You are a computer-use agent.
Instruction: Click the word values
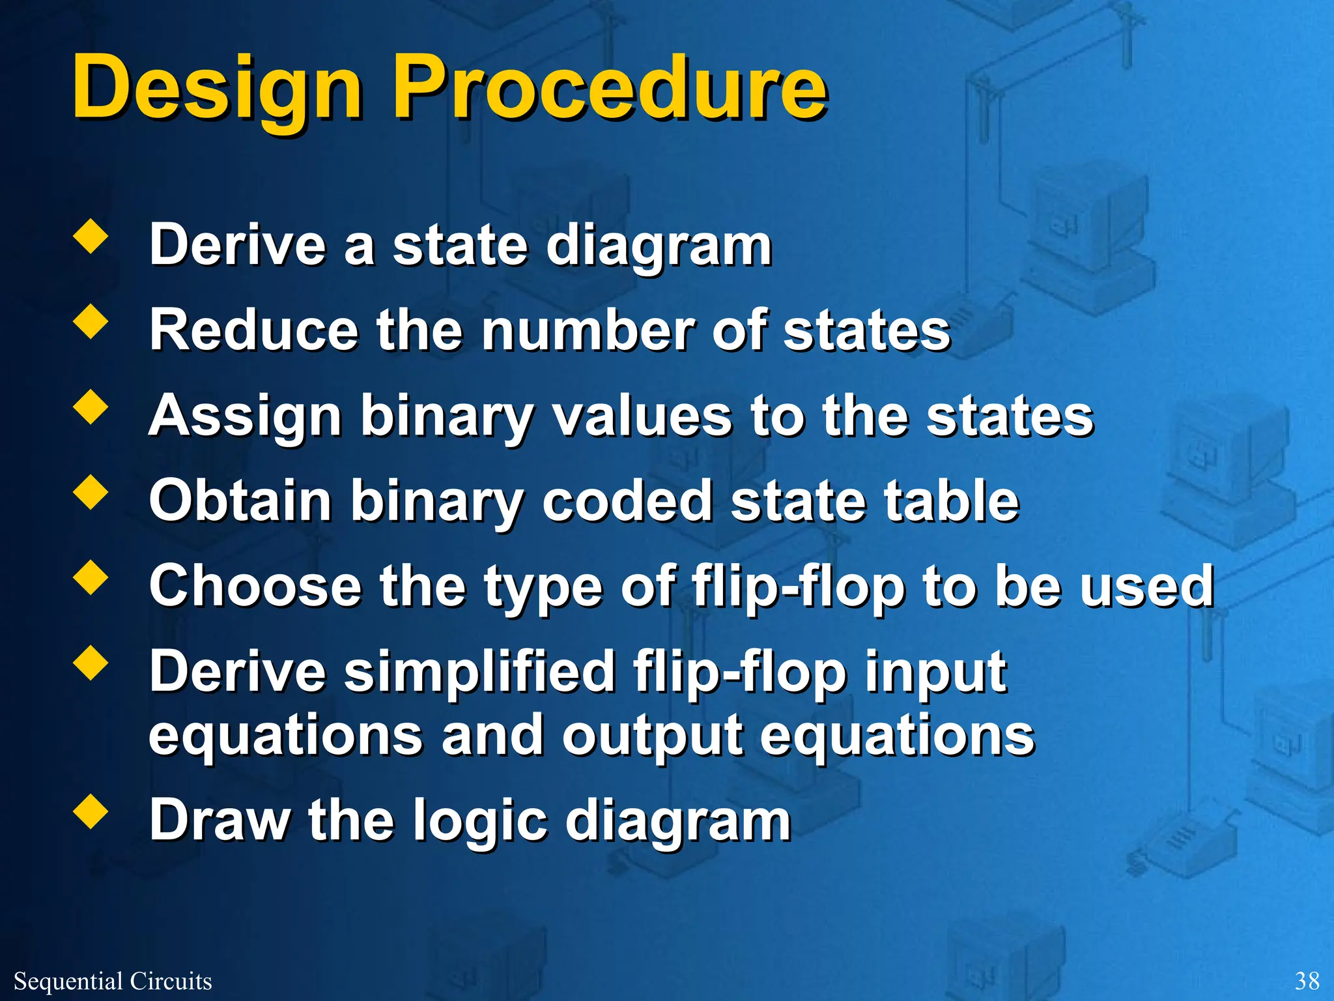[x=642, y=416]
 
